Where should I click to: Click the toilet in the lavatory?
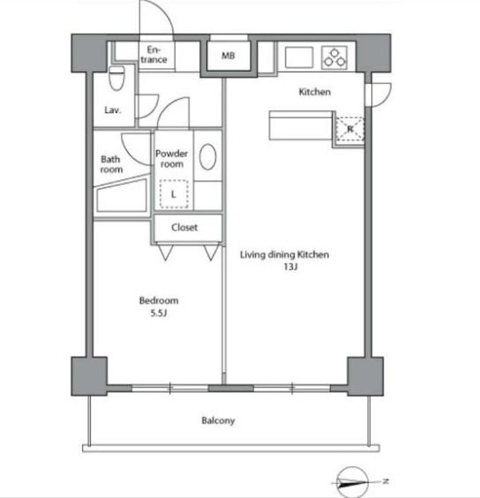click(116, 78)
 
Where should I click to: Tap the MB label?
click(229, 56)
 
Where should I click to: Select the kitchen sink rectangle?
click(299, 57)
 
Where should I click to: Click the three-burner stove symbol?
click(334, 57)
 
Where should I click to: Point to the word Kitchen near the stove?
click(315, 92)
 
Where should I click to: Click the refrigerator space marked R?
click(349, 129)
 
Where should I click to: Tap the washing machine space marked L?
click(174, 194)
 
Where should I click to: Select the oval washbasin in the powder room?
click(208, 156)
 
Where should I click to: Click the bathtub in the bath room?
click(122, 196)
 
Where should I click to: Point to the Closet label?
click(184, 228)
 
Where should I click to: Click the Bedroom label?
click(159, 300)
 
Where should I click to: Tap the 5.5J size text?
click(159, 313)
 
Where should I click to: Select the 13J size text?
click(291, 267)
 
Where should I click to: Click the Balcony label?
click(219, 420)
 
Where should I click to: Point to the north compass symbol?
click(353, 482)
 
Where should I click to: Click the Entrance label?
click(154, 55)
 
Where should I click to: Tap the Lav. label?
click(113, 110)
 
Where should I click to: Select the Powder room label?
click(172, 159)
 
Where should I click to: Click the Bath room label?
click(111, 164)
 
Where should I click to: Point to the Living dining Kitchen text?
click(284, 254)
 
